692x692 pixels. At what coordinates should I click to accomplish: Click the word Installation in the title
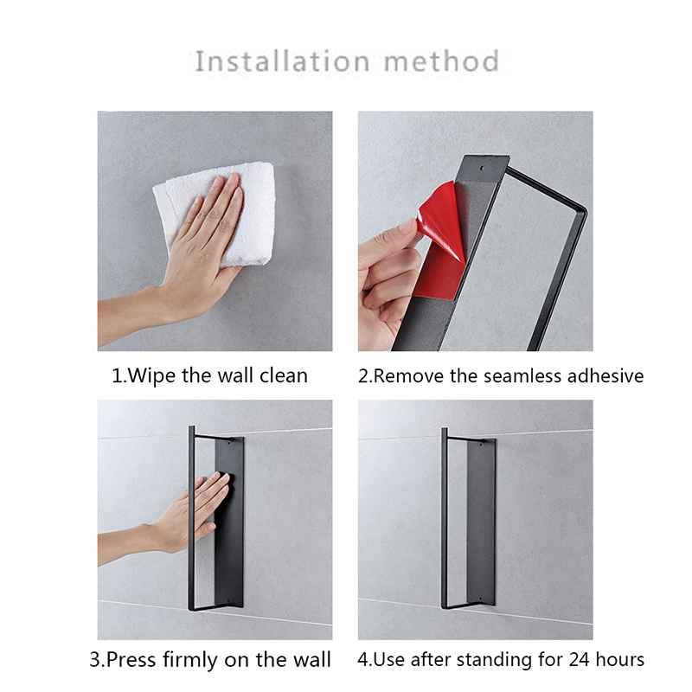pyautogui.click(x=282, y=61)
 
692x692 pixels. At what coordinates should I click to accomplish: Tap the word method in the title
pyautogui.click(x=442, y=61)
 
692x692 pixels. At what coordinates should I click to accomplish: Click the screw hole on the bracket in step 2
pyautogui.click(x=482, y=168)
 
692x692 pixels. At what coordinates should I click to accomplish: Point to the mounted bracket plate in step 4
pyautogui.click(x=481, y=522)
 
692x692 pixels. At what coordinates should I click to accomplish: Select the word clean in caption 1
pyautogui.click(x=284, y=376)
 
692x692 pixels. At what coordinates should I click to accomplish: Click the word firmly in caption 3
pyautogui.click(x=189, y=660)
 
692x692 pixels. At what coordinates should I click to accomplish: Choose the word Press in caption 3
pyautogui.click(x=131, y=660)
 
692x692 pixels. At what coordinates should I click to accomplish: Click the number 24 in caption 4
pyautogui.click(x=579, y=660)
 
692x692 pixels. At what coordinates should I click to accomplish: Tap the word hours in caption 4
pyautogui.click(x=619, y=660)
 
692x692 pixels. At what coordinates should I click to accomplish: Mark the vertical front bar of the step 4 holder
pyautogui.click(x=444, y=517)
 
